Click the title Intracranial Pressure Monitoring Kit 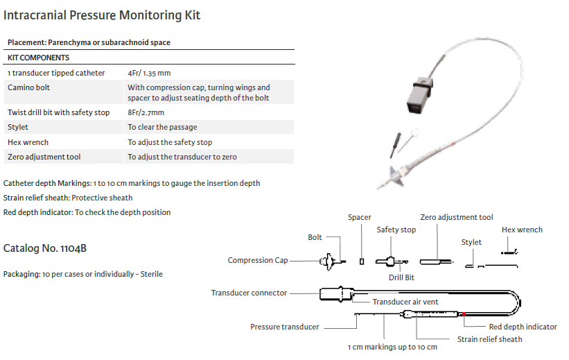102,15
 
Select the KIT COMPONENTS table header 38,58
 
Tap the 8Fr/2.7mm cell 146,112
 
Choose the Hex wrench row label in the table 28,142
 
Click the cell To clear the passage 162,127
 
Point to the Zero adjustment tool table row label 44,157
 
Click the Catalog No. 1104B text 44,248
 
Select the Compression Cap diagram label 258,261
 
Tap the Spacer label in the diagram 360,217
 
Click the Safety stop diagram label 396,230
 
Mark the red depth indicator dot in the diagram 463,314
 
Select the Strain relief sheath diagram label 489,339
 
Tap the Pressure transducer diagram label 284,326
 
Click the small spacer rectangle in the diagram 361,261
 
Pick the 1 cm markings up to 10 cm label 392,347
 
